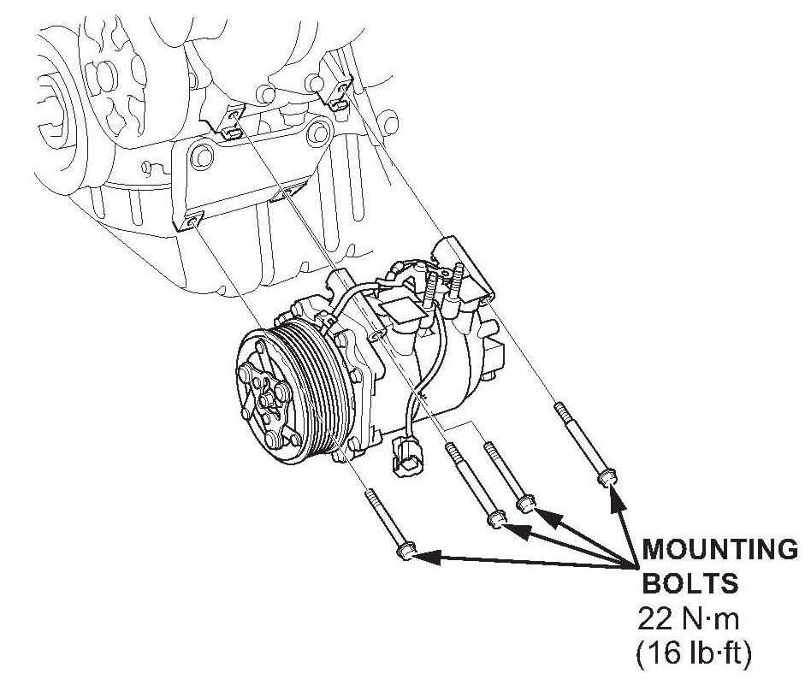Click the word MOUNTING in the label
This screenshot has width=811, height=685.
point(719,548)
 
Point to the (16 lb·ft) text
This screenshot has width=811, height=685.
point(693,654)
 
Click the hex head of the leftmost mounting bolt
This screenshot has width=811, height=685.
point(405,555)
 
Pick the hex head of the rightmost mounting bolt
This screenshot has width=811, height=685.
point(607,474)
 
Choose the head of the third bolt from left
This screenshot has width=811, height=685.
point(526,505)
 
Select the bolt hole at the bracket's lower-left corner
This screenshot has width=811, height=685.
point(190,221)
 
